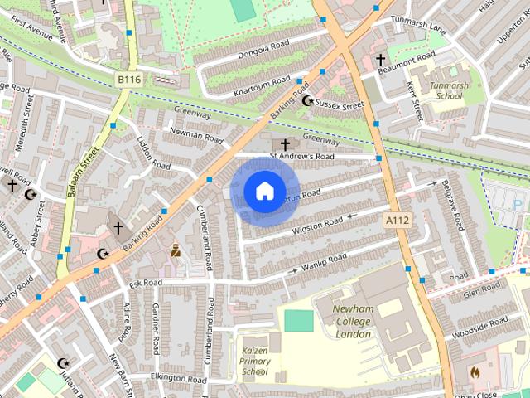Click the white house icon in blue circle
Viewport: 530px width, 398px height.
(264, 192)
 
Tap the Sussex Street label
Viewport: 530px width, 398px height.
(340, 106)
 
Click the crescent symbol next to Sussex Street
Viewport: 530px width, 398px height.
(308, 101)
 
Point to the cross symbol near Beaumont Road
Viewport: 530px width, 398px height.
(381, 60)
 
